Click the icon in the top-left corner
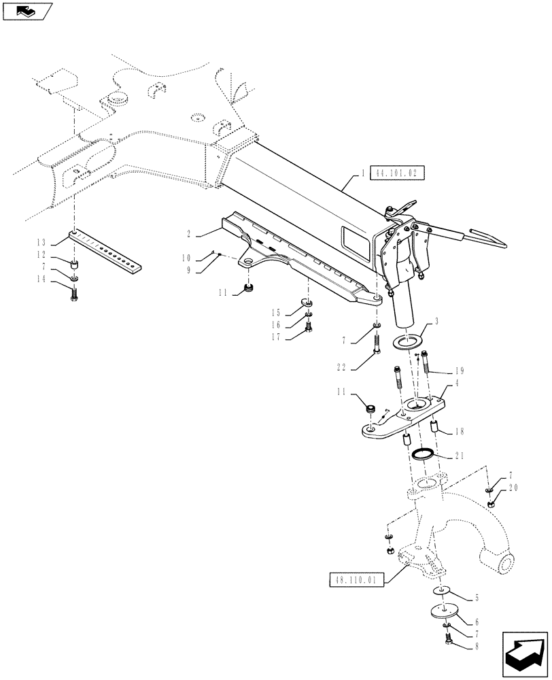pyautogui.click(x=25, y=10)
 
